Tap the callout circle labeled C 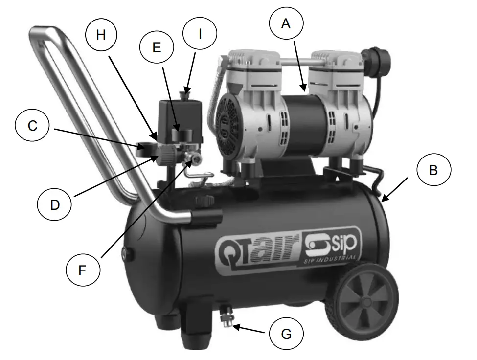(32, 126)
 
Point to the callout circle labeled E (157, 47)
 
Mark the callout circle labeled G (286, 334)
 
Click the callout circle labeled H (101, 36)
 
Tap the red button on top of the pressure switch (186, 91)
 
